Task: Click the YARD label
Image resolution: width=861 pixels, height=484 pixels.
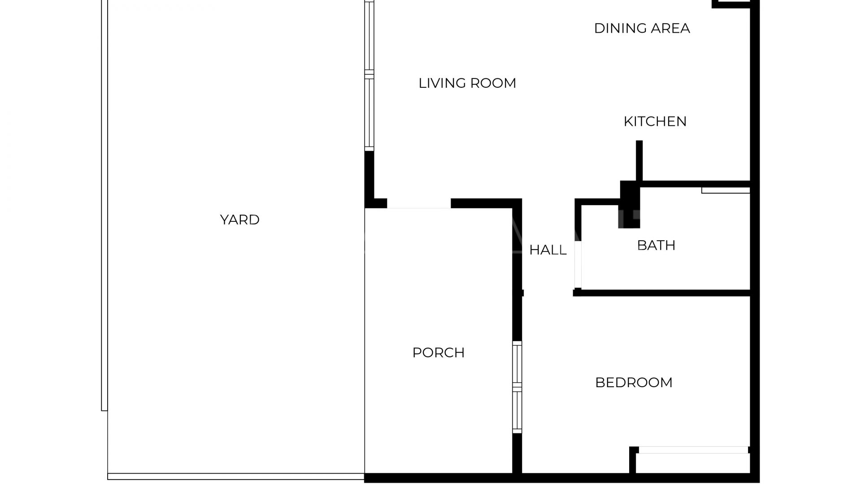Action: point(239,220)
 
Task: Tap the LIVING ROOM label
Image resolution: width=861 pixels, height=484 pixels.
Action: point(467,83)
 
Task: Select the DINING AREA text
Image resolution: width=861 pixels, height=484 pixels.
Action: point(642,28)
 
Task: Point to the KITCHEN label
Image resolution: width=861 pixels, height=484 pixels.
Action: point(655,121)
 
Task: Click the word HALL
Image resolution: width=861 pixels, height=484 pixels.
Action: point(548,250)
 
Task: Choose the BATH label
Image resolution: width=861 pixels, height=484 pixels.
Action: point(656,245)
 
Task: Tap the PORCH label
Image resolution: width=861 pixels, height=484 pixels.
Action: point(438,353)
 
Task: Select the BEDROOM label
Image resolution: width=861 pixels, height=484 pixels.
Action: point(634,382)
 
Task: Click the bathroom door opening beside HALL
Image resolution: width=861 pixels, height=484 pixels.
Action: point(578,264)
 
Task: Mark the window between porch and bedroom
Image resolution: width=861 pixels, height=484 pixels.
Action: point(517,387)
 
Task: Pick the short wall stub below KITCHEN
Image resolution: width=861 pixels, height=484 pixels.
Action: point(639,160)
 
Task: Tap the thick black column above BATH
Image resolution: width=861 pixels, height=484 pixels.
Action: point(630,204)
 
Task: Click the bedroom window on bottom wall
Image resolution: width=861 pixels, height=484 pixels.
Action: point(693,450)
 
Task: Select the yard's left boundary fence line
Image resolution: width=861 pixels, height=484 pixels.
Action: point(104,206)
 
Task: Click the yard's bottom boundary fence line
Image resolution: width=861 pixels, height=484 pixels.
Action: point(235,476)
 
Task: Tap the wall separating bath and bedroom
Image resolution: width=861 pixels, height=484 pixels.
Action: point(664,293)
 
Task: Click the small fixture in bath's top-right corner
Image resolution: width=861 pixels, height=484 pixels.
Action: point(726,190)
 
